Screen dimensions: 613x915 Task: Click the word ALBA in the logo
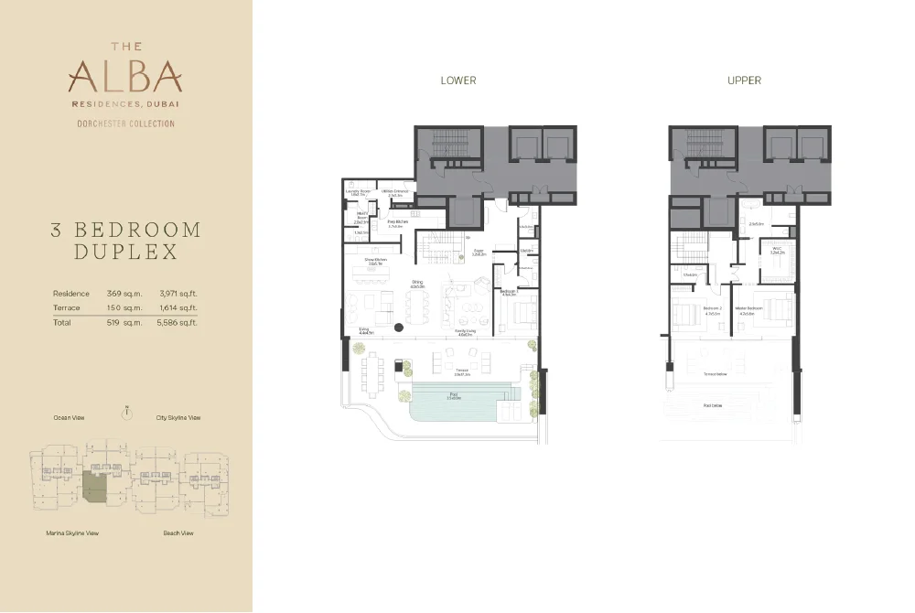pyautogui.click(x=124, y=76)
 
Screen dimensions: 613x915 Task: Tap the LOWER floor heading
pyautogui.click(x=458, y=81)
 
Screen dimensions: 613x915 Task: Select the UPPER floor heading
pyautogui.click(x=744, y=81)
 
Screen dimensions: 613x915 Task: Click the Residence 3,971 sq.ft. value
pyautogui.click(x=179, y=294)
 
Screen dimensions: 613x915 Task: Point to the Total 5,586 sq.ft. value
pyautogui.click(x=179, y=323)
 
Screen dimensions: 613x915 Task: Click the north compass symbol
pyautogui.click(x=126, y=414)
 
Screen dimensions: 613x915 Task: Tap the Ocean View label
pyautogui.click(x=69, y=418)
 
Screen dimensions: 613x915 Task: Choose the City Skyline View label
pyautogui.click(x=178, y=418)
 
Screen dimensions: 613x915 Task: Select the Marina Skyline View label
pyautogui.click(x=72, y=532)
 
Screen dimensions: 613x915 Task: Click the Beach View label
pyautogui.click(x=178, y=532)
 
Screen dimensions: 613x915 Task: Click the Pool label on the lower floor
pyautogui.click(x=453, y=397)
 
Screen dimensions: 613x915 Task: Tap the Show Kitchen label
pyautogui.click(x=374, y=261)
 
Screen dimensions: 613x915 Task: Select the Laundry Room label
pyautogui.click(x=357, y=192)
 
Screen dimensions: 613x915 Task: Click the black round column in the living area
pyautogui.click(x=399, y=328)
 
